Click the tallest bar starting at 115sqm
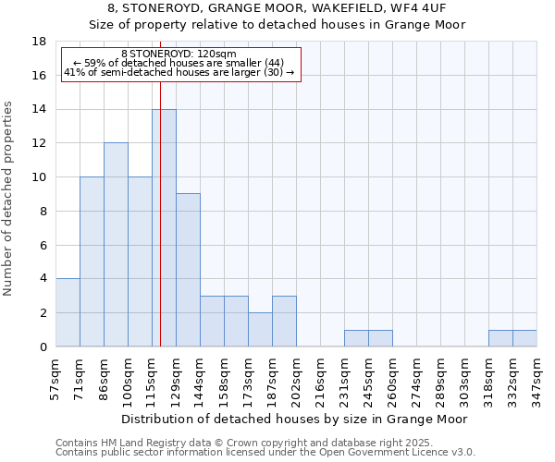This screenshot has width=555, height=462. click(164, 227)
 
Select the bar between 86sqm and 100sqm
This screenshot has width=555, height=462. click(116, 245)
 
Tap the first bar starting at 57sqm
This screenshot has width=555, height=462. click(68, 312)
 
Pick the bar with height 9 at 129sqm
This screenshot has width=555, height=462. click(188, 270)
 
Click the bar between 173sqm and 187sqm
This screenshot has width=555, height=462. click(260, 329)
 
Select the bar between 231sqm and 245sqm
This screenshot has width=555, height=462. click(356, 338)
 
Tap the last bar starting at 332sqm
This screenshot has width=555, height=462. click(524, 338)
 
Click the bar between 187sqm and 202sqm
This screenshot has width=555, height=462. click(284, 321)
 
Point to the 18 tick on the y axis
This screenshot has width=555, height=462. click(39, 42)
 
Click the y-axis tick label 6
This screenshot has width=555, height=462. click(43, 245)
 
